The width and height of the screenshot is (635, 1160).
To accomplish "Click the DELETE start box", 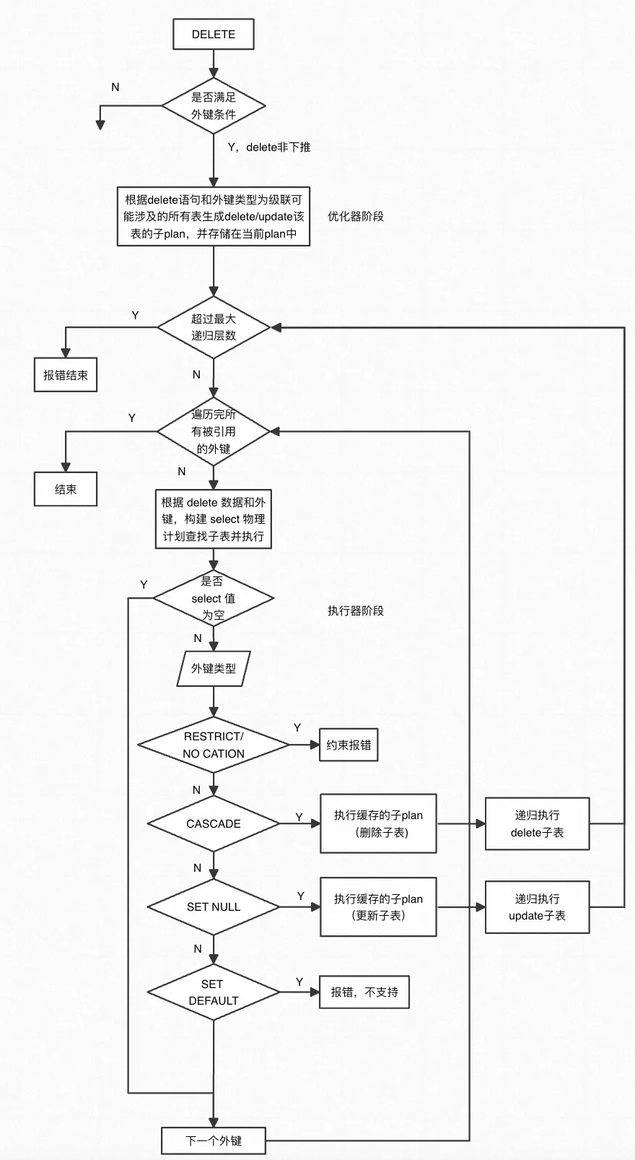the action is point(213,34).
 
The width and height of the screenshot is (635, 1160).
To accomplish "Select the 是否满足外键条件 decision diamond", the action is point(214,105).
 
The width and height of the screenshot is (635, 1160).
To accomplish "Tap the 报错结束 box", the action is point(66,374).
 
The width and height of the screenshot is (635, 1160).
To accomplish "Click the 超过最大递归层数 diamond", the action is point(214,327).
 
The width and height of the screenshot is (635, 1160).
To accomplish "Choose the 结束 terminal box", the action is point(66,489).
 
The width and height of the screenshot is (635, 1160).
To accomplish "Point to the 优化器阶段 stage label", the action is point(356,217).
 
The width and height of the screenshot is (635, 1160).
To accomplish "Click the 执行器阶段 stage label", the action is point(356,610).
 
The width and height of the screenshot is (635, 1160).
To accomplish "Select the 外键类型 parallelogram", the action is point(214,669).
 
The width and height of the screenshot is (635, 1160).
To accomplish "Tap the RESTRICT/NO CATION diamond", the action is point(214,745).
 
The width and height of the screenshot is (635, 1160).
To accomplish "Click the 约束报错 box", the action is point(349,745).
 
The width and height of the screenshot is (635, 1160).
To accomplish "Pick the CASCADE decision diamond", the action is point(214,823).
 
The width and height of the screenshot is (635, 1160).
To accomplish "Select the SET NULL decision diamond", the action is point(214,906).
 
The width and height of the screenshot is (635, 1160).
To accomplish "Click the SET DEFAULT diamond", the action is point(214,992).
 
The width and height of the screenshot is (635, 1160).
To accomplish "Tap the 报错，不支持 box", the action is point(364,992).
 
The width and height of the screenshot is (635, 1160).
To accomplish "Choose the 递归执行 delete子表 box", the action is point(537,823).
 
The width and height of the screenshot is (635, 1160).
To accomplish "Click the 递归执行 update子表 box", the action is point(537,906).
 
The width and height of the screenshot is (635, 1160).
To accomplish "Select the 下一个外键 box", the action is point(214,1140).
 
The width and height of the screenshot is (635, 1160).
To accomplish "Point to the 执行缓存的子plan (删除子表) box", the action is point(378,823).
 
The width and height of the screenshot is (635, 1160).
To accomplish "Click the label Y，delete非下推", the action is point(269,147).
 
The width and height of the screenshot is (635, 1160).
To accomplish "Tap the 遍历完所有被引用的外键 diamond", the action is point(214,431).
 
